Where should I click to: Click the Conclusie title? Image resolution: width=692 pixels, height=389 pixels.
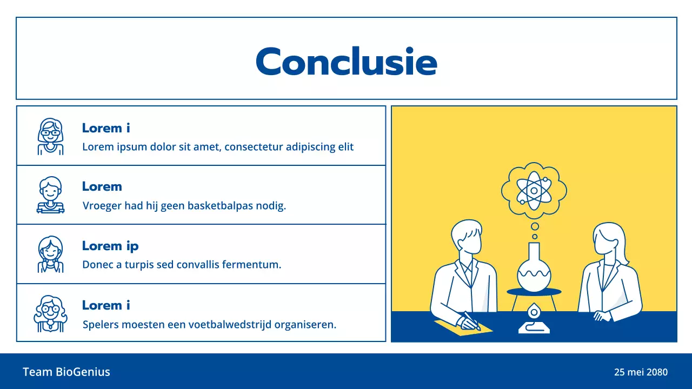click(346, 61)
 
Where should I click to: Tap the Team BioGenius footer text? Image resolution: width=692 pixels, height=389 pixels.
click(66, 372)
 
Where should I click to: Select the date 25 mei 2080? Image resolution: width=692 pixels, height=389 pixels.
click(641, 372)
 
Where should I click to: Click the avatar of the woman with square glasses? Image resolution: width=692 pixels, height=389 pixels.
click(50, 136)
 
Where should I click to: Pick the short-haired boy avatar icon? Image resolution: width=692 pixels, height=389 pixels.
click(50, 195)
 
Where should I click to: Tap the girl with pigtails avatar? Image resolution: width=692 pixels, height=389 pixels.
click(50, 254)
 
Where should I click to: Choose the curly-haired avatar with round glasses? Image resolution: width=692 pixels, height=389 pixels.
click(50, 313)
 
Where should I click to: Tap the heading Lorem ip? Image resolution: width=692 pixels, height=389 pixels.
click(110, 246)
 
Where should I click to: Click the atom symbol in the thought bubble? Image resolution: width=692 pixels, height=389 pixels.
click(534, 190)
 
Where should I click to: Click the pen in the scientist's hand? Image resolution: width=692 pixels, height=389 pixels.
click(471, 319)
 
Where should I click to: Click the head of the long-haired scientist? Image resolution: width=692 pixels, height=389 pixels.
click(608, 240)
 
